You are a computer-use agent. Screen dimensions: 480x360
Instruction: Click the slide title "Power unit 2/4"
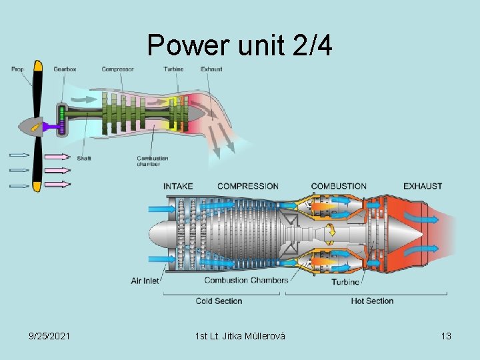click(x=239, y=45)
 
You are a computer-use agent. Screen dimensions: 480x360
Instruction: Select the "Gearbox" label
click(x=64, y=69)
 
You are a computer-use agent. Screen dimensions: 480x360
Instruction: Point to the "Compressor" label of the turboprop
click(x=117, y=69)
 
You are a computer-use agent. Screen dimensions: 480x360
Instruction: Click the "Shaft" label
click(x=84, y=159)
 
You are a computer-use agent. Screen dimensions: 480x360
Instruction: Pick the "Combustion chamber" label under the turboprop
click(x=152, y=161)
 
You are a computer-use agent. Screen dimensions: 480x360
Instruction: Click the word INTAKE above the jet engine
click(x=179, y=186)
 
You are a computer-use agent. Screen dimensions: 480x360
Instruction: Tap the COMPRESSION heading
click(x=247, y=186)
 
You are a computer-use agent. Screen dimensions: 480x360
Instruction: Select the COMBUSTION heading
click(x=339, y=186)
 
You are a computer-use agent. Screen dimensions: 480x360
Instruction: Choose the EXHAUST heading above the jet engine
click(x=423, y=186)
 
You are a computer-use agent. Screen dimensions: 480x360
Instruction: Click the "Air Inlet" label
click(x=145, y=281)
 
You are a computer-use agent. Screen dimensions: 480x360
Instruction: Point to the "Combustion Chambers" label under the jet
click(x=246, y=280)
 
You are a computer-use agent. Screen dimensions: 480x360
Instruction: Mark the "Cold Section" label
click(x=219, y=301)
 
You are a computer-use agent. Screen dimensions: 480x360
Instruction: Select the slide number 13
click(x=446, y=336)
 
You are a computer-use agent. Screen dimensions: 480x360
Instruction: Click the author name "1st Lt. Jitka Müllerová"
click(x=240, y=336)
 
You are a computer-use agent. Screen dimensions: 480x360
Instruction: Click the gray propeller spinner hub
click(x=31, y=125)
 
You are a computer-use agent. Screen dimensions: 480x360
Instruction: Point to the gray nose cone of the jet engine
click(x=160, y=235)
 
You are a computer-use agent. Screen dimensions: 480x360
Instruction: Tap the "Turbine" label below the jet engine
click(x=345, y=282)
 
